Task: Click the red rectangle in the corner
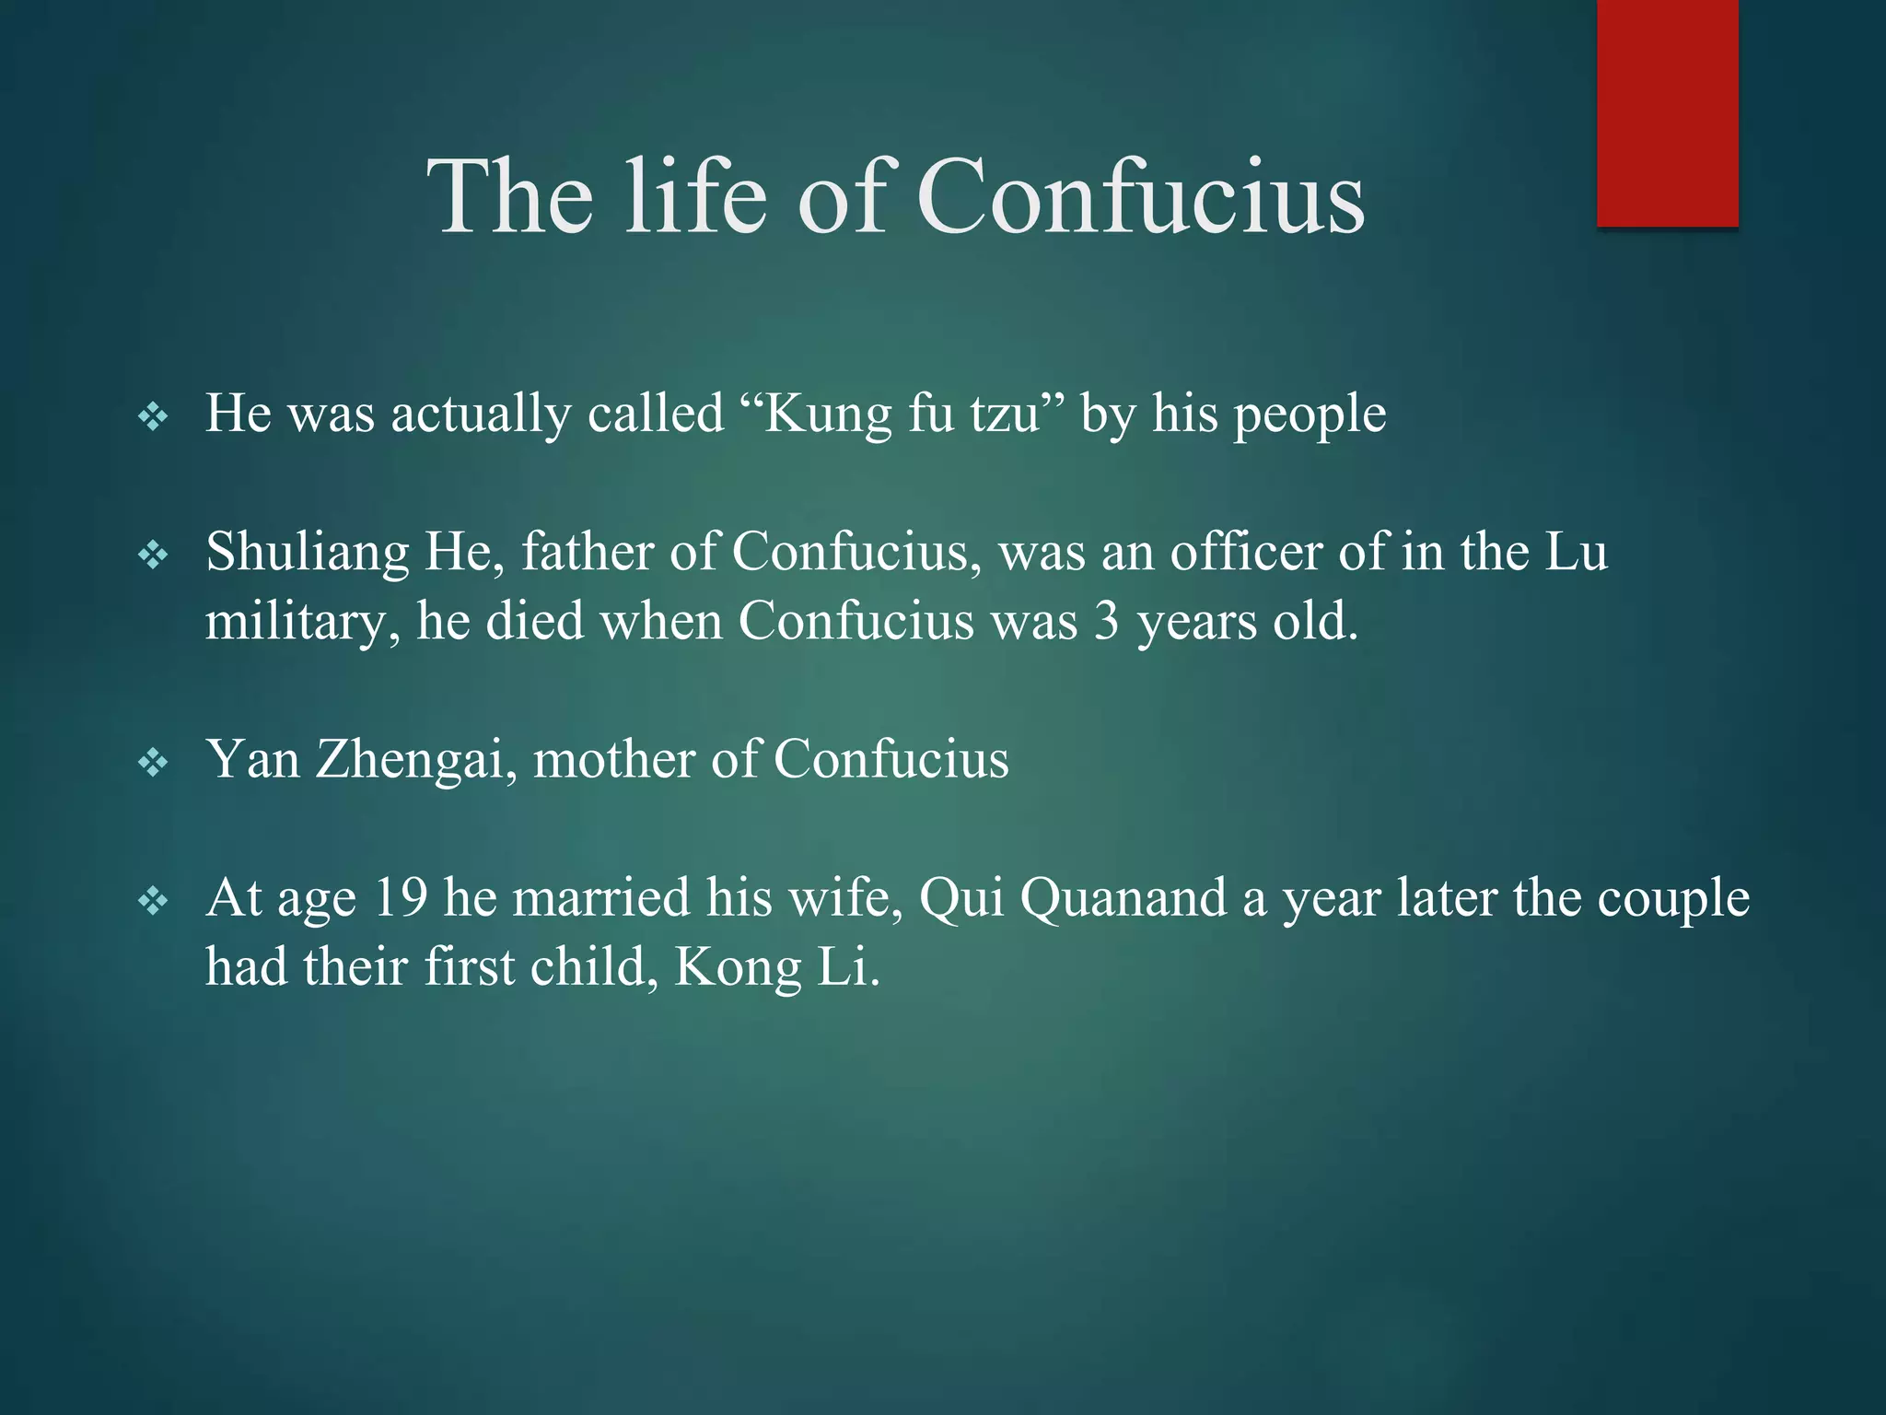point(1667,112)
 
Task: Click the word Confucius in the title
point(1140,196)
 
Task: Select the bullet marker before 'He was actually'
point(153,417)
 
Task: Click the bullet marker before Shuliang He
point(153,555)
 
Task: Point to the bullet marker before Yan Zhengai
point(153,763)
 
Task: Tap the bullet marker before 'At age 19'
point(153,901)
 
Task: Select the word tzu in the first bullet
point(1005,415)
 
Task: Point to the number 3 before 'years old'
point(1106,622)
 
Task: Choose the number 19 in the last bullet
point(402,897)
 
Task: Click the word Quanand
point(1123,898)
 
